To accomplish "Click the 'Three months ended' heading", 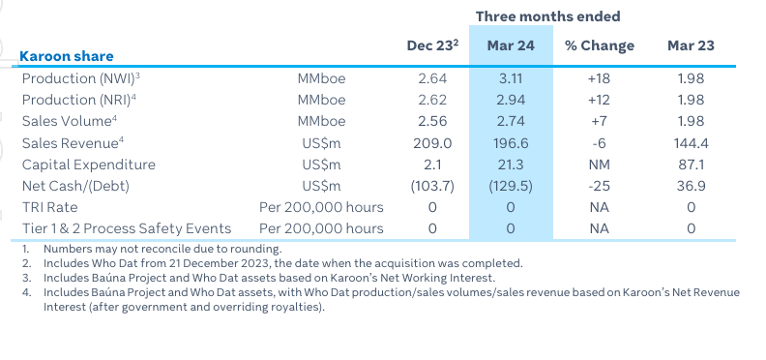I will tap(547, 16).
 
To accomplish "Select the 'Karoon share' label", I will tap(67, 56).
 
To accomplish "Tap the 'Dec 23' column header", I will tap(430, 45).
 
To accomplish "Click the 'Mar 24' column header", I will tap(510, 45).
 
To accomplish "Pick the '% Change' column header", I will tap(600, 45).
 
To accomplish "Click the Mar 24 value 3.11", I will tap(510, 78).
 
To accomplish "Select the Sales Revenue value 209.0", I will tap(432, 142).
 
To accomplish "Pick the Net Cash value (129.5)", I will tap(510, 185).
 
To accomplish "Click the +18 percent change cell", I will tap(600, 78).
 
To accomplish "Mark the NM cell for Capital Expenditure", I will tap(600, 164).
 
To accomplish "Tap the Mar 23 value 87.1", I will tap(691, 164).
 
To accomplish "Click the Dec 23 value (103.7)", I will tap(432, 185).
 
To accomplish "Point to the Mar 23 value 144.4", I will tap(691, 142).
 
